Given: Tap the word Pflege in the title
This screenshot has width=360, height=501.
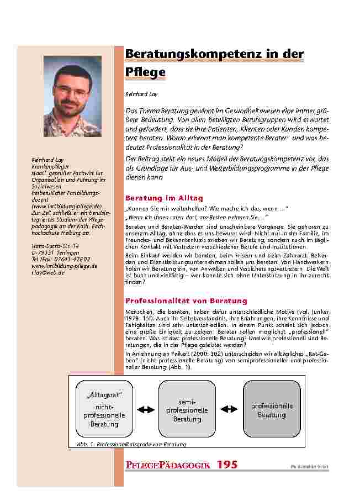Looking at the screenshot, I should coord(145,73).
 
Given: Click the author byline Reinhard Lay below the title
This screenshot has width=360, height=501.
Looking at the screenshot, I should coord(137,95).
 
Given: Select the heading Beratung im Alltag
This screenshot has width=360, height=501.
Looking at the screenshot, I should coord(165,198).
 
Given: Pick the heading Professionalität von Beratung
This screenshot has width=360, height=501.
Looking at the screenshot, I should coord(187,301).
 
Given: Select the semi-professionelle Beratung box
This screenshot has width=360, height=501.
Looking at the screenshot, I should coord(187,409).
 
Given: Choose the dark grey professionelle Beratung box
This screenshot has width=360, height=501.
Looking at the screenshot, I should coord(272,409).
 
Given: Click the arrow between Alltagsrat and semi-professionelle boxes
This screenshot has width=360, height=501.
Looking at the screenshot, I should coord(145,409).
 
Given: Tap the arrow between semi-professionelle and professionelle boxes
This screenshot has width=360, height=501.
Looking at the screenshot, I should coord(229,409).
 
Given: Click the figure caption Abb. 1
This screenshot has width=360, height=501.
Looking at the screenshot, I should coord(127,444).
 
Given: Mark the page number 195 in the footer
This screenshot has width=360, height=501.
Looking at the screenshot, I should coord(227,465).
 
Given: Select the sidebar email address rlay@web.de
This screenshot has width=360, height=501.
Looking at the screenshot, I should coord(49,272).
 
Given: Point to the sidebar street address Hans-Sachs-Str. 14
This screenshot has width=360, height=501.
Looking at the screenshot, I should coord(56,246).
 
